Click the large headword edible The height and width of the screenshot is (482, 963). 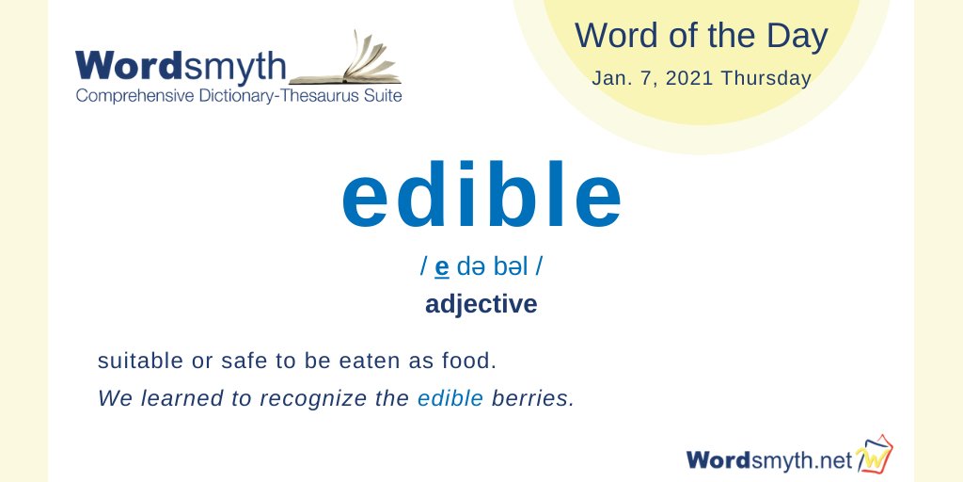[481, 198]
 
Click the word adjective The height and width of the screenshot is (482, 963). [481, 305]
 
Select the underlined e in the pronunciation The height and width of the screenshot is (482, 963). [442, 268]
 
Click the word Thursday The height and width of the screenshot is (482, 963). [767, 78]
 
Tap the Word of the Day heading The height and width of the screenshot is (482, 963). [702, 37]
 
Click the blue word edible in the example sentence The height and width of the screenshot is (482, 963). [450, 398]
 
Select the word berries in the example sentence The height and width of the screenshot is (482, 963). [532, 398]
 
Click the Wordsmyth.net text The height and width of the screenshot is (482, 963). [768, 459]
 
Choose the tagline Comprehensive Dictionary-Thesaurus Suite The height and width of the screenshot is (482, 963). [238, 95]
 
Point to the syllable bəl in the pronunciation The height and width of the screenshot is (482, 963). [510, 268]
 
